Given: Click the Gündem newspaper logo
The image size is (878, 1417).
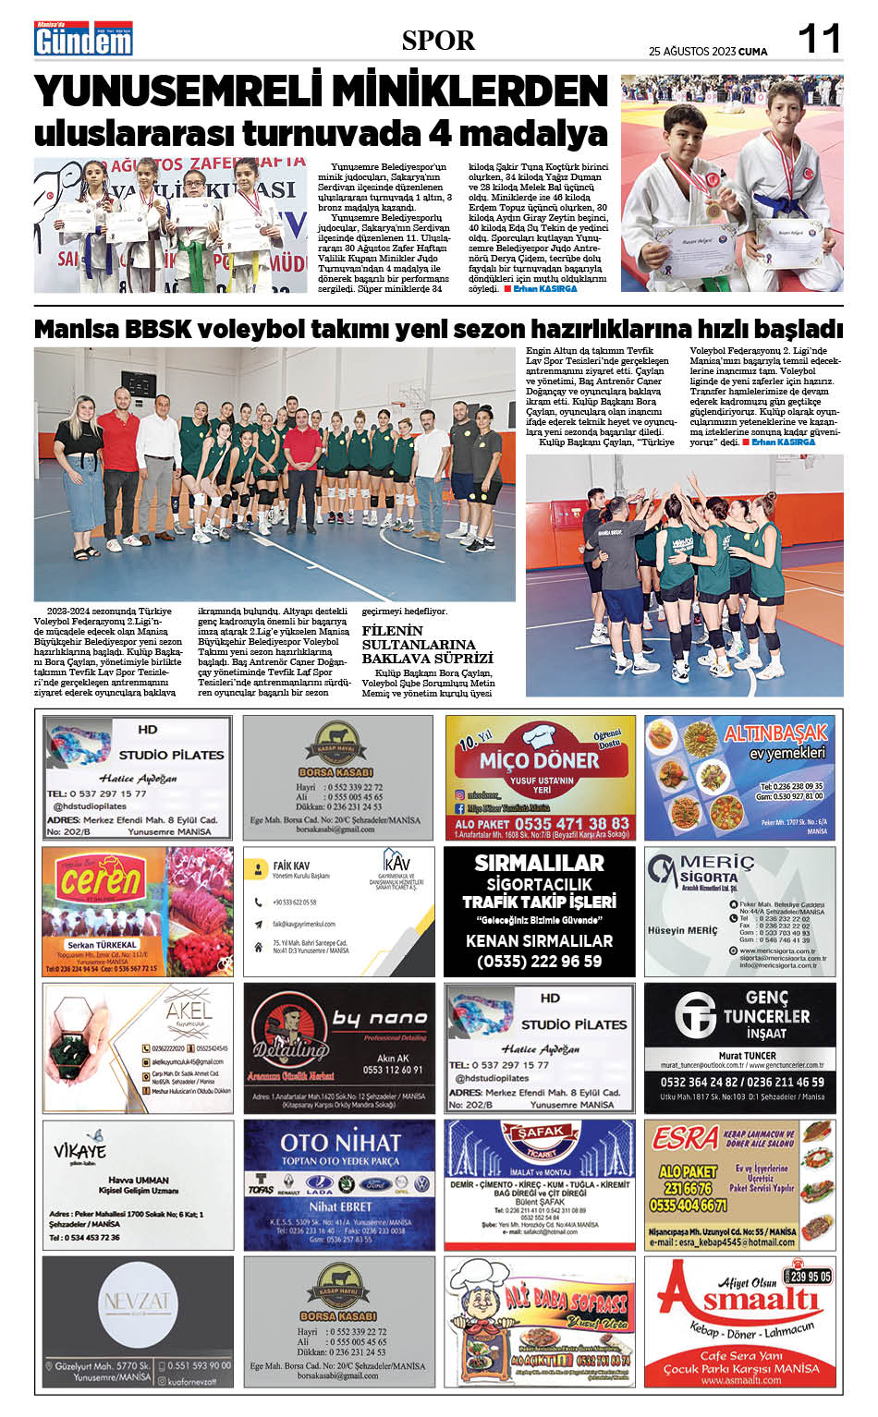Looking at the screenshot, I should (83, 40).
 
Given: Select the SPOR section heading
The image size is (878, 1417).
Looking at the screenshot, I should (438, 41).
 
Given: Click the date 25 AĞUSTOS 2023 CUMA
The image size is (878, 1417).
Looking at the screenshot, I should (708, 52).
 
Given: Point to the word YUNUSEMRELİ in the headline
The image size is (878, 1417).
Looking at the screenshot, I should (179, 92).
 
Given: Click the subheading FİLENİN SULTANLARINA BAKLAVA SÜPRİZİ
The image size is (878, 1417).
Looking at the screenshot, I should (427, 645).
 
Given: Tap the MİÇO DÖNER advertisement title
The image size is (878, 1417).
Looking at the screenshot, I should (539, 761).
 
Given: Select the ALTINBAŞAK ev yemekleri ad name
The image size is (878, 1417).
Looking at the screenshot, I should (774, 733).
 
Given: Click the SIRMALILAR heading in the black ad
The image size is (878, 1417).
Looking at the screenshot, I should (539, 863).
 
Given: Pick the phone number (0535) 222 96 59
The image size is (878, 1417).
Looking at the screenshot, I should (539, 962).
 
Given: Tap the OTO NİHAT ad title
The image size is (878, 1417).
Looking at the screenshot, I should (340, 1142).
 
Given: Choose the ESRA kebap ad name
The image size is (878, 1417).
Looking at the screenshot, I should (685, 1138).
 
